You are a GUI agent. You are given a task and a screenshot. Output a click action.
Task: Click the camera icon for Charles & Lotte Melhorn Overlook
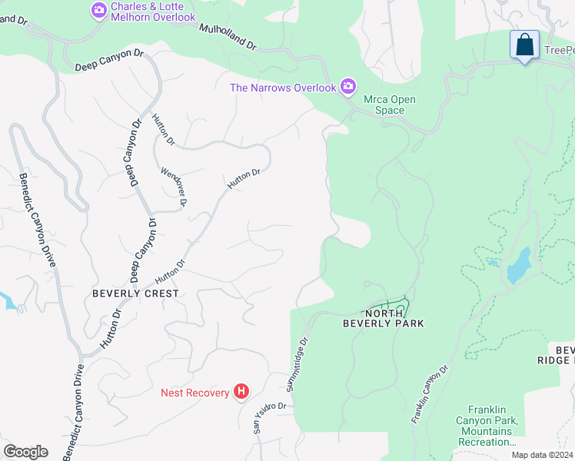(99, 11)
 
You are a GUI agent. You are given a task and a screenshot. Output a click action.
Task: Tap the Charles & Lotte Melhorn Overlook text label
(153, 11)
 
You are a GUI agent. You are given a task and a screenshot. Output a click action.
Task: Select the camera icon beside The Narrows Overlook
(348, 86)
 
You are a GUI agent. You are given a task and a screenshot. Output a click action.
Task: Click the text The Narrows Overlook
(283, 88)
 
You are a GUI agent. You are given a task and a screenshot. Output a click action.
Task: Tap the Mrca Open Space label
(384, 104)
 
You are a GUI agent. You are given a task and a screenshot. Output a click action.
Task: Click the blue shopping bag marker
(525, 45)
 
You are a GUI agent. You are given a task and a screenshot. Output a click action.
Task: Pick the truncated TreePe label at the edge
(559, 51)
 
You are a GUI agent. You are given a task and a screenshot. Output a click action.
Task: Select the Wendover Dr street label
(174, 187)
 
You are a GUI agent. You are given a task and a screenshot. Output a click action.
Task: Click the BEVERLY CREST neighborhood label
(135, 294)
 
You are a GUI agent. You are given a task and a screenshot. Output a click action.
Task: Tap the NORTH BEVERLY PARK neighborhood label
(383, 318)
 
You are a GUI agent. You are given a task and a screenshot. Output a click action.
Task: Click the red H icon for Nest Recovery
(241, 393)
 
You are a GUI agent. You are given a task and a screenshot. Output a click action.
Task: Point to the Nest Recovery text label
(195, 393)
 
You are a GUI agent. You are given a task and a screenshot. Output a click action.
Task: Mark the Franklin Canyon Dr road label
(430, 394)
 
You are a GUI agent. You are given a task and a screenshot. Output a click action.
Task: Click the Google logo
(25, 452)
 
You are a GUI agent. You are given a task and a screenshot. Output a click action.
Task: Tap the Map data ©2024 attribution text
(541, 456)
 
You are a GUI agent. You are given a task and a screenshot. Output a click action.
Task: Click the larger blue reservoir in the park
(520, 265)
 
